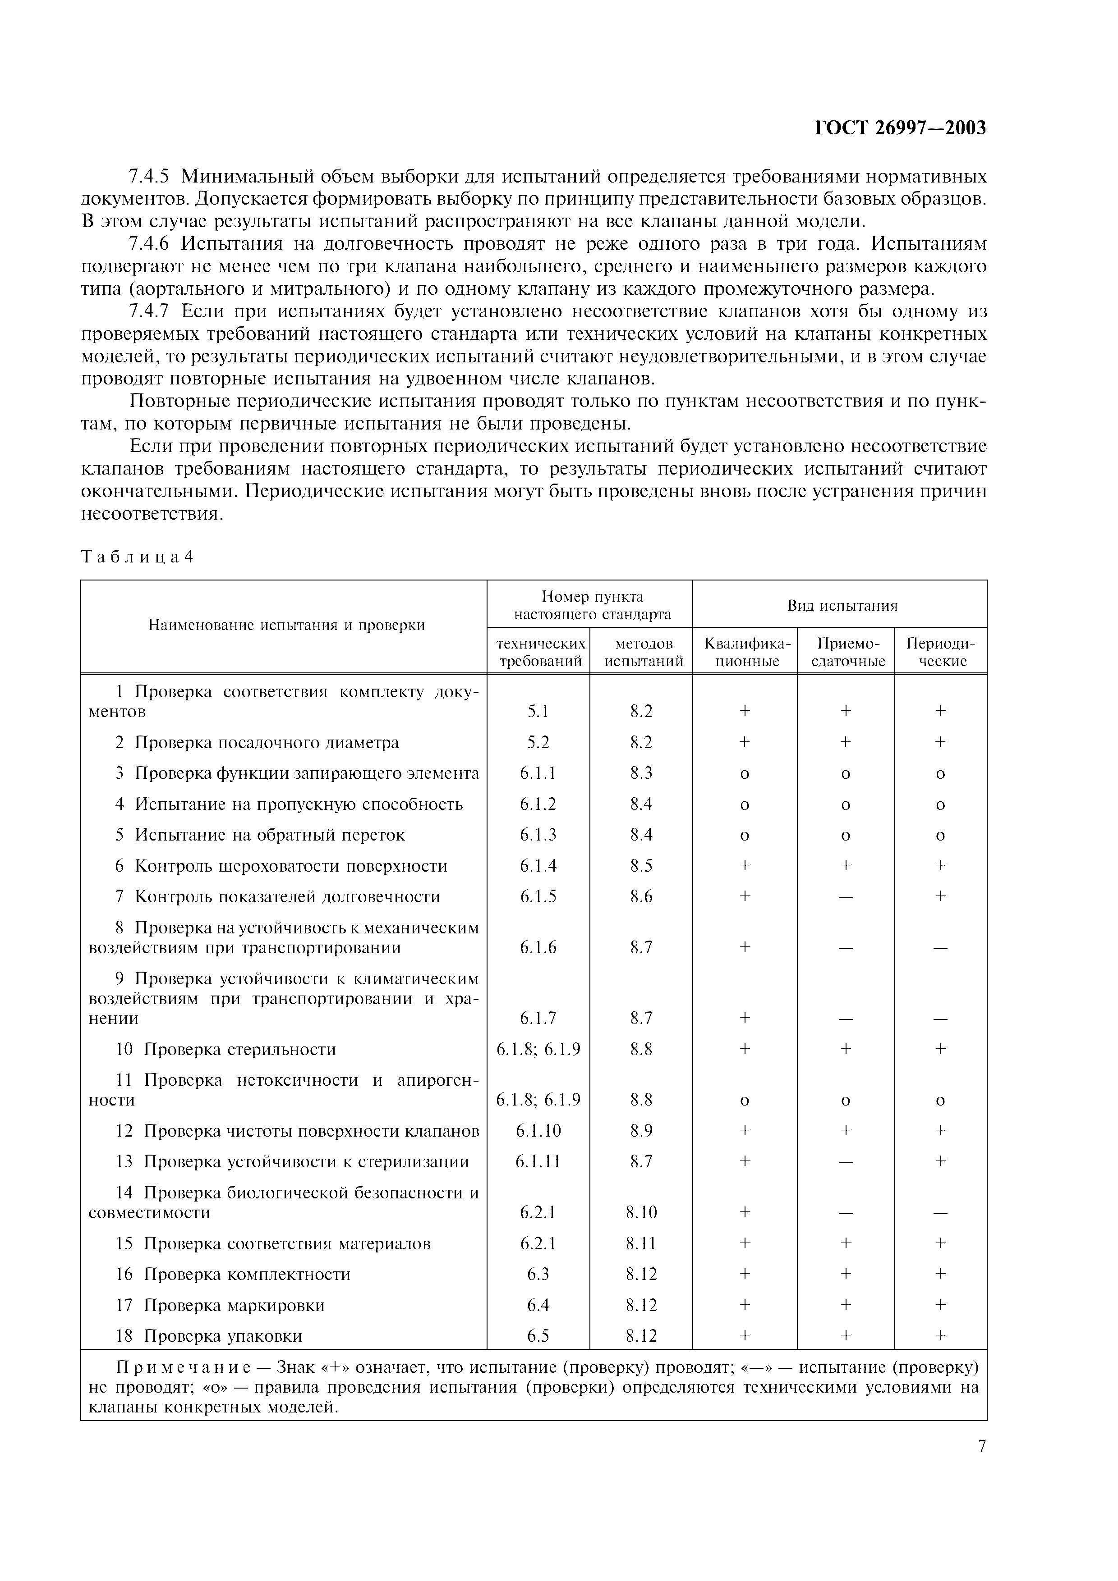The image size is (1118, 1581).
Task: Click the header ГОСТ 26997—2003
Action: click(x=900, y=128)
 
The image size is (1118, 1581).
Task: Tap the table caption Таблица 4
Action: click(x=137, y=557)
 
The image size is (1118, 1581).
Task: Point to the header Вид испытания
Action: click(x=842, y=605)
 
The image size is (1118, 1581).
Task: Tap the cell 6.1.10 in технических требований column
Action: click(x=538, y=1131)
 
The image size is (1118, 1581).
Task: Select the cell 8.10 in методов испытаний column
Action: click(x=641, y=1212)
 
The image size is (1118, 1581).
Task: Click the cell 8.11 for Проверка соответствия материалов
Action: click(x=641, y=1243)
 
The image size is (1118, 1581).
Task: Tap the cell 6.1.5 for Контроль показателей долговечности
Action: click(x=538, y=896)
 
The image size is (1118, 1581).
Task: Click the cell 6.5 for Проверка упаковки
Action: click(x=538, y=1336)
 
